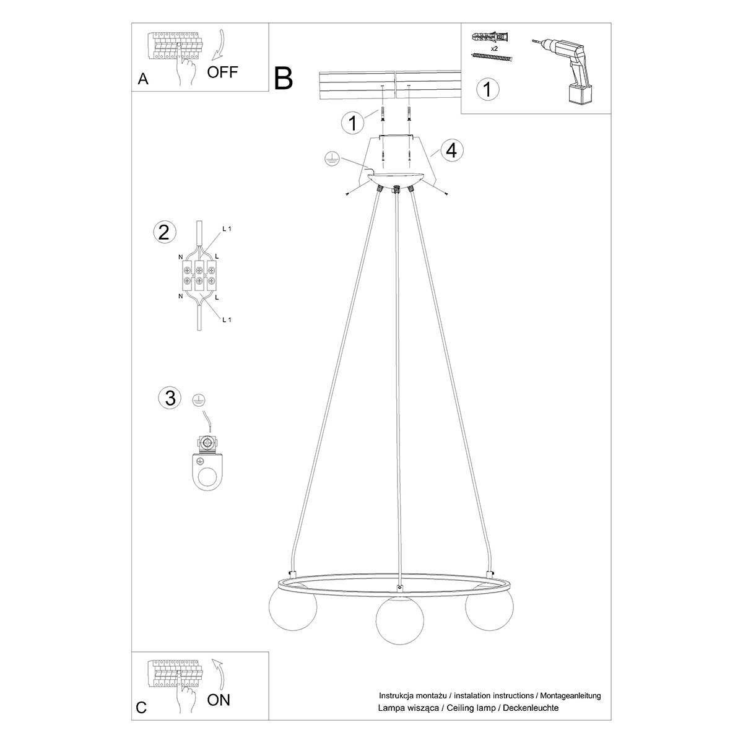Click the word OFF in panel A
pyautogui.click(x=222, y=72)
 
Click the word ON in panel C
pyautogui.click(x=218, y=700)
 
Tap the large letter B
pyautogui.click(x=284, y=79)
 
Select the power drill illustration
pyautogui.click(x=563, y=71)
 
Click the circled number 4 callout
pyautogui.click(x=451, y=150)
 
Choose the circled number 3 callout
pyautogui.click(x=170, y=398)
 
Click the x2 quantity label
pyautogui.click(x=494, y=48)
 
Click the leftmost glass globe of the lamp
pyautogui.click(x=293, y=606)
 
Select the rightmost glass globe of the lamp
pyautogui.click(x=489, y=606)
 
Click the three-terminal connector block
pyautogui.click(x=199, y=276)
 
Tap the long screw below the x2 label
pyautogui.click(x=492, y=58)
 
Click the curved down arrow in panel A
pyautogui.click(x=219, y=45)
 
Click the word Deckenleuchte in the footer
pyautogui.click(x=531, y=718)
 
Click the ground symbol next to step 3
pyautogui.click(x=199, y=400)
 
